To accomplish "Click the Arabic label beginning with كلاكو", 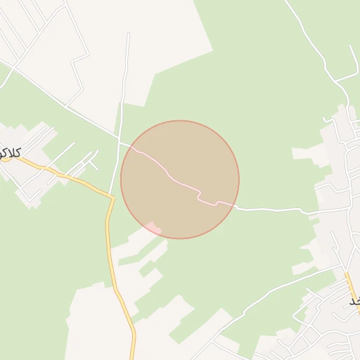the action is tap(11, 152).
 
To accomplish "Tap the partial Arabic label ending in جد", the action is tap(353, 301).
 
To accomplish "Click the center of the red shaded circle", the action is tap(180, 179).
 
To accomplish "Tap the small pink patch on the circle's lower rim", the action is tap(153, 227).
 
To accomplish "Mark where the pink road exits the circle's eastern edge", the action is tap(234, 206).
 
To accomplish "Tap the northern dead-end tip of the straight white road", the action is tap(129, 33).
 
